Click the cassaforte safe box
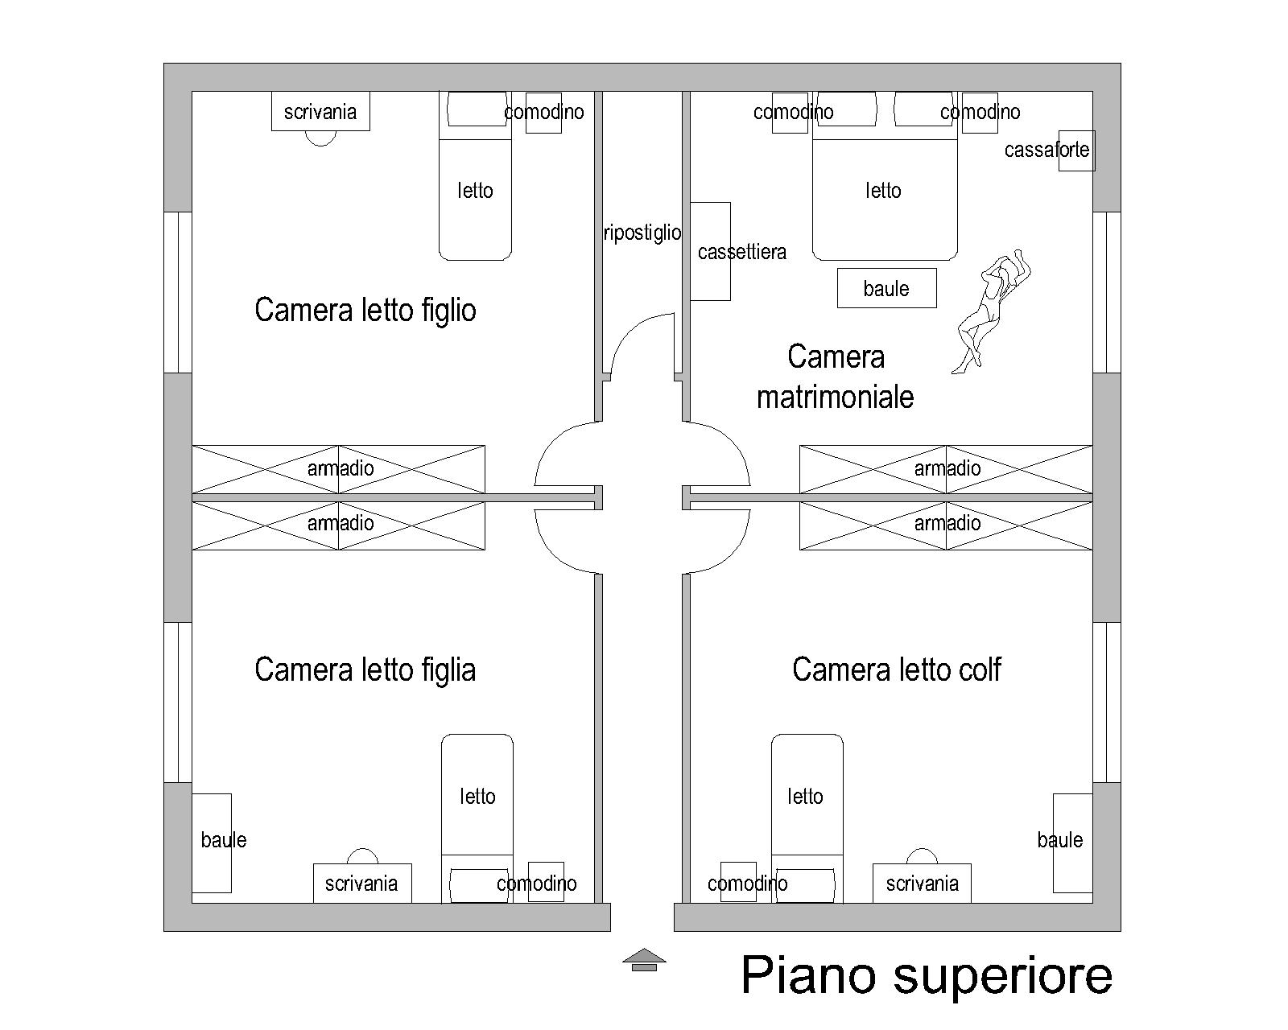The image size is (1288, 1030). click(x=1076, y=150)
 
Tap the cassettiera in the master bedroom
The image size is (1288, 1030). click(x=710, y=251)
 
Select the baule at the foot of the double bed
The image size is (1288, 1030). click(x=886, y=288)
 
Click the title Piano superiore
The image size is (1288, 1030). click(x=927, y=976)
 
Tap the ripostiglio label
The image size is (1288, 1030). click(x=642, y=233)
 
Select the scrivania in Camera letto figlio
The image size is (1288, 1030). click(x=320, y=111)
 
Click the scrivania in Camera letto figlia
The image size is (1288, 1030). click(x=362, y=883)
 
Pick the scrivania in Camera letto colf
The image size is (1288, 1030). click(x=922, y=883)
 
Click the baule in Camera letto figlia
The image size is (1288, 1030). click(x=211, y=843)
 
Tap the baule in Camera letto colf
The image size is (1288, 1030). click(x=1072, y=843)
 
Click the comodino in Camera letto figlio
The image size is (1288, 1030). click(x=543, y=113)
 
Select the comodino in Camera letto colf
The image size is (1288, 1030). click(x=738, y=882)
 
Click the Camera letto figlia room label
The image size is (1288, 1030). click(x=365, y=669)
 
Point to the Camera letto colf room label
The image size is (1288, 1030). click(x=896, y=669)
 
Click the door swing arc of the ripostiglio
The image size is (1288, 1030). click(x=630, y=328)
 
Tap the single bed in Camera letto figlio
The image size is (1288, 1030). click(x=475, y=176)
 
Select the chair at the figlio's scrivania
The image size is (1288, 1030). click(x=320, y=140)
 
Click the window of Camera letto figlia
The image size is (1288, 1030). click(x=178, y=702)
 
